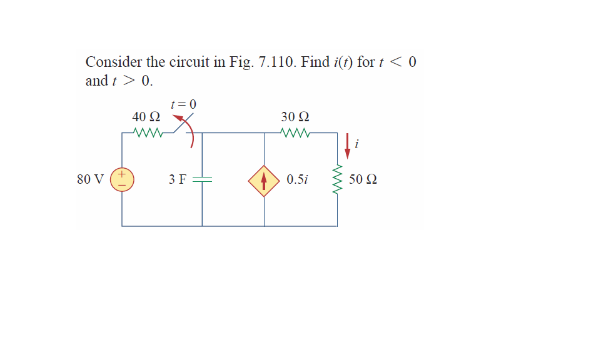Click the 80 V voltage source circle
(122, 179)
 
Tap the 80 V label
(90, 180)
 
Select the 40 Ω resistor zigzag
(148, 132)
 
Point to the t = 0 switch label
(183, 103)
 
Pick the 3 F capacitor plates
(202, 180)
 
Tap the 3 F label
(177, 180)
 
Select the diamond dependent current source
(264, 180)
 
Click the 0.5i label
(297, 180)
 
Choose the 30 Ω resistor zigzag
(295, 132)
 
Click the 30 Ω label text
(295, 117)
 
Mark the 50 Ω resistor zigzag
(338, 180)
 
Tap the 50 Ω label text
(363, 180)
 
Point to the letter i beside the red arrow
(356, 145)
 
